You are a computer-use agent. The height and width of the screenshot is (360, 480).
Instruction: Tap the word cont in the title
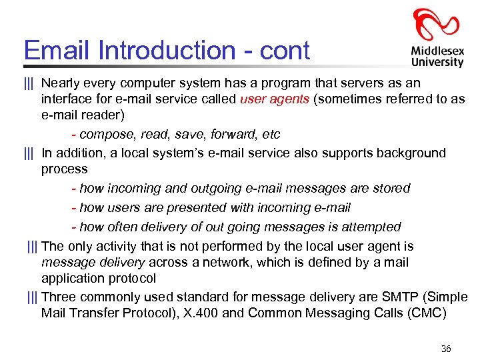(x=285, y=51)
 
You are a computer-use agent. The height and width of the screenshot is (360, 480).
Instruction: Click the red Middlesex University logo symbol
(x=436, y=26)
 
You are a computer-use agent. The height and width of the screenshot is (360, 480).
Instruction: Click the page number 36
(x=446, y=349)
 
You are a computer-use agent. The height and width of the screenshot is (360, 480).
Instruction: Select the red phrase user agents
(x=274, y=100)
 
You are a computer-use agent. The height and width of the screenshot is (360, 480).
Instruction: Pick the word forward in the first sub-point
(x=233, y=135)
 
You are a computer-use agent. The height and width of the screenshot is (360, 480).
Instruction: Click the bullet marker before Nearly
(x=29, y=83)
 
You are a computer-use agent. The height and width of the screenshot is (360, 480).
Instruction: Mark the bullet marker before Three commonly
(x=32, y=297)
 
